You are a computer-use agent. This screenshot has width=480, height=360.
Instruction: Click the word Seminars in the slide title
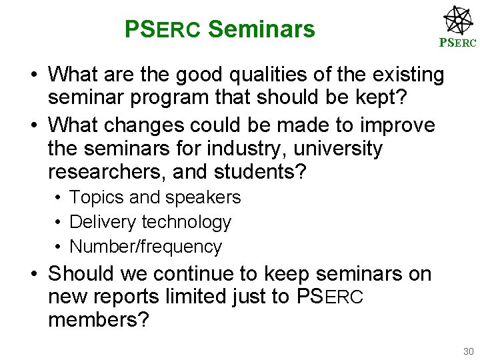(261, 29)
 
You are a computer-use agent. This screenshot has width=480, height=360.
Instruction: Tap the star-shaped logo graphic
(458, 20)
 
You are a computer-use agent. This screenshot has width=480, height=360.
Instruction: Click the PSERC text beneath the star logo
(457, 43)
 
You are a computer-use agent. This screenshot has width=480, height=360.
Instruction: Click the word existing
(402, 75)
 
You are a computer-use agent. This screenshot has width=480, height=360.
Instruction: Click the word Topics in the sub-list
(94, 198)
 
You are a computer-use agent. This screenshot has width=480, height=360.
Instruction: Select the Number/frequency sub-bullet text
(145, 247)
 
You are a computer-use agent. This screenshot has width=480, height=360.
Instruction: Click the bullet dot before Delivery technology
(59, 222)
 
